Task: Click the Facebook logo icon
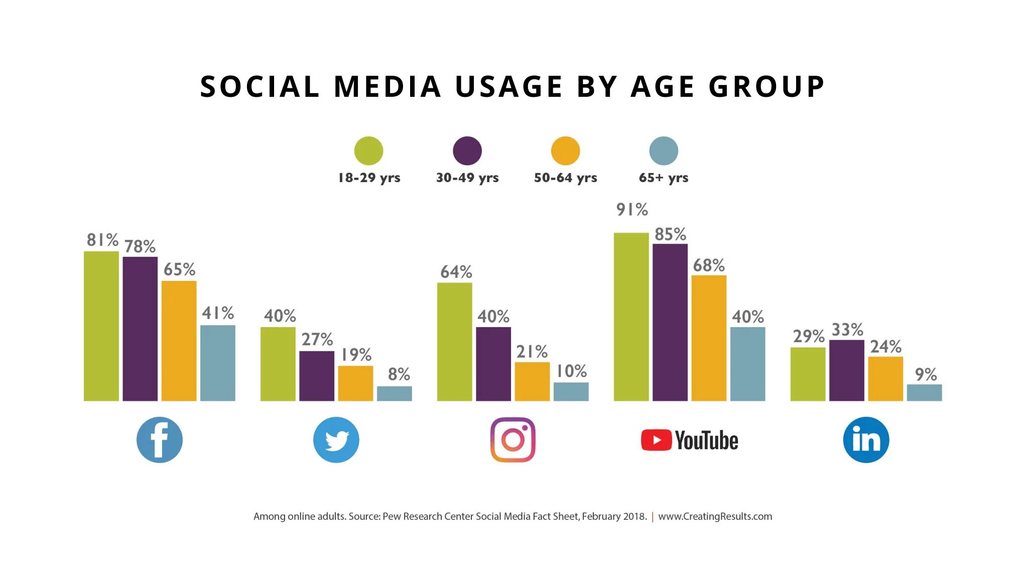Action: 160,440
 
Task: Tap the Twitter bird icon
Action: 336,440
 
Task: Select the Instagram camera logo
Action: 513,440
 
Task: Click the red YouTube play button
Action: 656,441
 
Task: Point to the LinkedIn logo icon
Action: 866,440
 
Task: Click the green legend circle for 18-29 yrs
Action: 368,151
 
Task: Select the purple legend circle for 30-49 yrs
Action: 467,151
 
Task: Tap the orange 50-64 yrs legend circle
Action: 565,151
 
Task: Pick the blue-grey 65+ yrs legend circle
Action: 664,151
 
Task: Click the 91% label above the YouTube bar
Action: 632,210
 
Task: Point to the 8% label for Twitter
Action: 399,374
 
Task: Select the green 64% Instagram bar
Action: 454,342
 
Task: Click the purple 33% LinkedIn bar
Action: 847,370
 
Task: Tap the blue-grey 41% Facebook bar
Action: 218,363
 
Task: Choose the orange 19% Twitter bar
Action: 355,383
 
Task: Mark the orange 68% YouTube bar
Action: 709,338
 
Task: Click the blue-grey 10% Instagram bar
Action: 571,392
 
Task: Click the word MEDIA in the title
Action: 388,86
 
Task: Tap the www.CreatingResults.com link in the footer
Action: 715,516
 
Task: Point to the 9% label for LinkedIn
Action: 926,375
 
